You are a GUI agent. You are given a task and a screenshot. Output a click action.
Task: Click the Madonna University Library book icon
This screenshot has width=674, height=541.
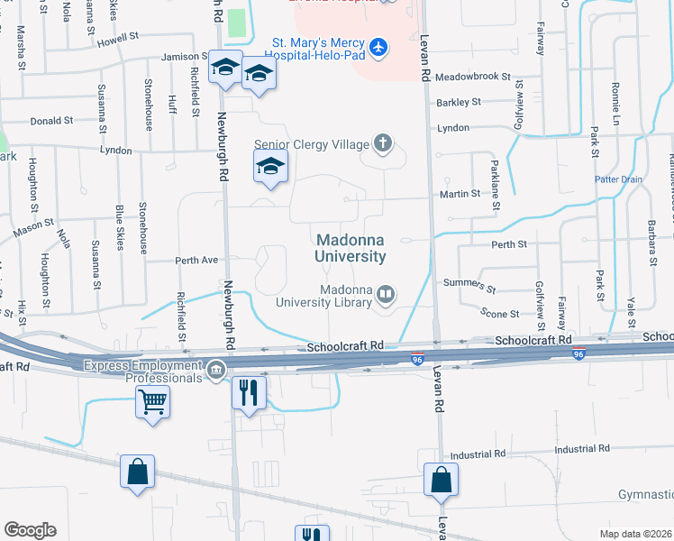pos(386,294)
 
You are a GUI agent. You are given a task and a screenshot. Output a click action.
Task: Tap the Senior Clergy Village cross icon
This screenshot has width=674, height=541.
pos(383,143)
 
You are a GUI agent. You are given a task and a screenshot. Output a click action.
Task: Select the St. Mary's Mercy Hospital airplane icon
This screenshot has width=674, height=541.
pos(378,45)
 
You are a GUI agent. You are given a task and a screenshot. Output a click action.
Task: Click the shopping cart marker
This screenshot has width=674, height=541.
pos(152,401)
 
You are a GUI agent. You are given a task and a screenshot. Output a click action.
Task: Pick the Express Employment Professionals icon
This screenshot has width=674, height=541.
pos(216,370)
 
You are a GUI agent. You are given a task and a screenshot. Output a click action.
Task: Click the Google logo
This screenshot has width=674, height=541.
pos(30,530)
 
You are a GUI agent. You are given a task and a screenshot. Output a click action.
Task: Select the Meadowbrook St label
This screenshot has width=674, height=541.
pos(473,78)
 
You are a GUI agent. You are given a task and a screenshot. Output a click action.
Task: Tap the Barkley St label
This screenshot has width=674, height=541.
pos(459,103)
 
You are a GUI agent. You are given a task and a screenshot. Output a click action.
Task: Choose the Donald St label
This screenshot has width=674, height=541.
pos(51,121)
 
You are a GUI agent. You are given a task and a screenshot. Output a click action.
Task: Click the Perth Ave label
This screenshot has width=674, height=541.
pos(197,261)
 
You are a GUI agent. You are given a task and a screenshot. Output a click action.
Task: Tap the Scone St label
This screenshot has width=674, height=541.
pos(500,314)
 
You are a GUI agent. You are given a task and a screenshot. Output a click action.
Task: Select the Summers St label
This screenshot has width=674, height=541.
pos(469,286)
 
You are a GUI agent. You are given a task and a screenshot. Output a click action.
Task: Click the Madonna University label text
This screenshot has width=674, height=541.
pos(351,248)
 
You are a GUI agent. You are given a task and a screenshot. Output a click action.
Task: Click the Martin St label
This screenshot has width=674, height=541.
pos(460,195)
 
